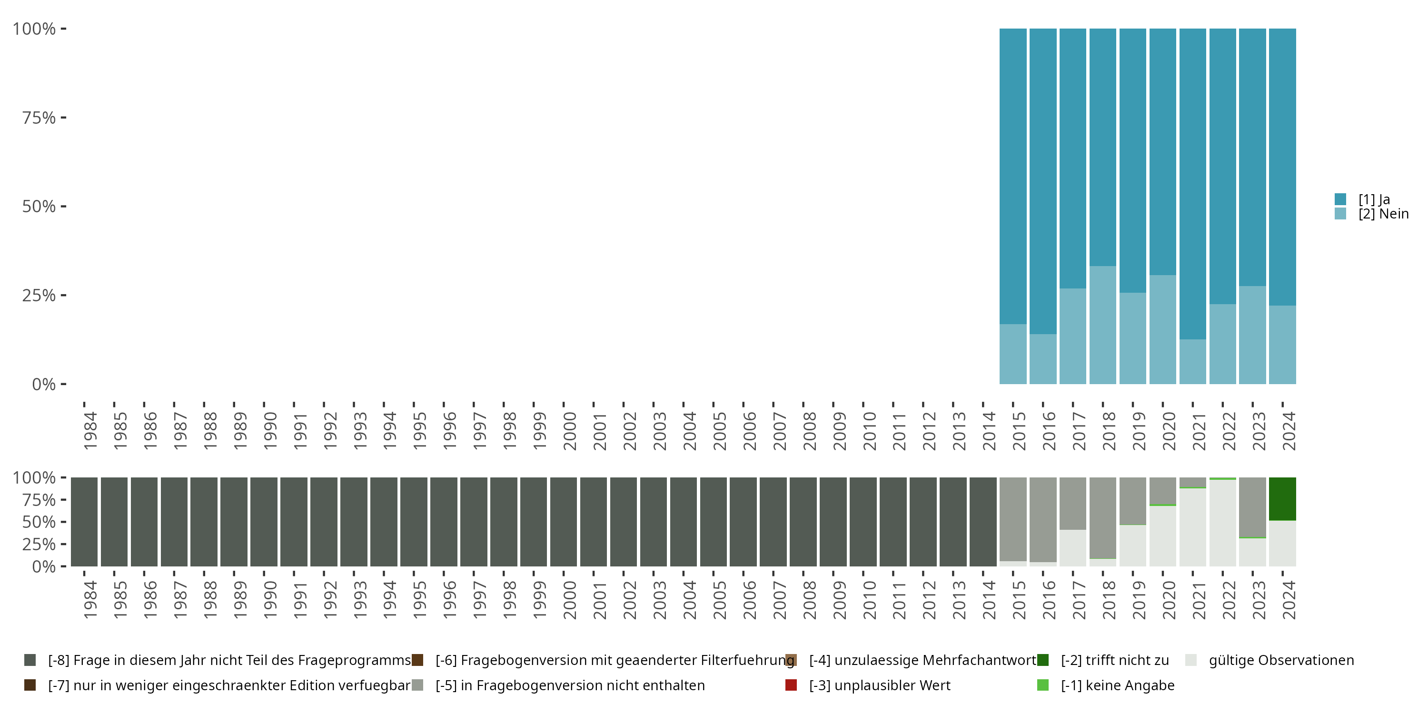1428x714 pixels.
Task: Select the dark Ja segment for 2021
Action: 1192,183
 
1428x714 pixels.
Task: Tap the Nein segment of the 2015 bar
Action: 1013,354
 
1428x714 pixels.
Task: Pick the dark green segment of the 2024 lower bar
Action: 1282,498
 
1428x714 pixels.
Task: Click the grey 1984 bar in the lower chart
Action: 84,522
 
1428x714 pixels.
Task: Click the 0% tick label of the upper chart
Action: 44,384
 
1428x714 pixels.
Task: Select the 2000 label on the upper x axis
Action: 569,431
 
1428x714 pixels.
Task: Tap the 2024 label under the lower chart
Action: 1289,600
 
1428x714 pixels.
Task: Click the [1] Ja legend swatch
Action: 1340,199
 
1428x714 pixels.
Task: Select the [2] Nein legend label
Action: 1383,214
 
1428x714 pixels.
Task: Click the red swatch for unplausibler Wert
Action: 791,685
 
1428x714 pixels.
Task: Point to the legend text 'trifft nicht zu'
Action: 1114,660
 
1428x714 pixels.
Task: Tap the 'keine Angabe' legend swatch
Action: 1043,685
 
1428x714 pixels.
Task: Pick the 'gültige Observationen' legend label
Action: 1281,660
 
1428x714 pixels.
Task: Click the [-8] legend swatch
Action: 30,660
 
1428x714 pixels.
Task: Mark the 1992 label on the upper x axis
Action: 330,431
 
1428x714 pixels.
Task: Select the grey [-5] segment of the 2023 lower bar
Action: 1252,506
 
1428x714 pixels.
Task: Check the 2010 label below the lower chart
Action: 869,600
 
